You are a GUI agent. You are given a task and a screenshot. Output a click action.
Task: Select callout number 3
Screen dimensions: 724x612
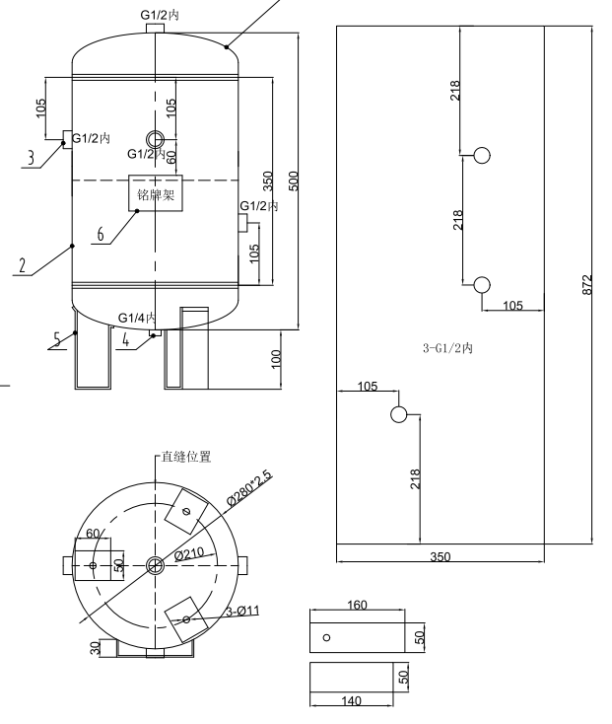point(31,157)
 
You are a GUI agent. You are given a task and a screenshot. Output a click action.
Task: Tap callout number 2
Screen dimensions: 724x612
point(22,265)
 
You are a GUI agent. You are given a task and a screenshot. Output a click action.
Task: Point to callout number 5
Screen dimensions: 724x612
point(57,337)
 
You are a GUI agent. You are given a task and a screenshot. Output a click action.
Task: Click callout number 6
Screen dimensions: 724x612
point(101,234)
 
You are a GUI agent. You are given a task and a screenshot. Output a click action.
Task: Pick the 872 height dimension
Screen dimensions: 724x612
point(587,284)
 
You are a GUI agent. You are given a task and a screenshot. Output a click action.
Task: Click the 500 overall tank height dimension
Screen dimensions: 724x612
point(293,181)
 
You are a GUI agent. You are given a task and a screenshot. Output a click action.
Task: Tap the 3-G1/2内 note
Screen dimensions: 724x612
point(449,348)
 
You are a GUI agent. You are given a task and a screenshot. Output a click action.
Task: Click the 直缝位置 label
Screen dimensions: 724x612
point(185,457)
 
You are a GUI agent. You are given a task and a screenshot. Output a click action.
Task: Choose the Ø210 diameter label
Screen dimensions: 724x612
point(189,555)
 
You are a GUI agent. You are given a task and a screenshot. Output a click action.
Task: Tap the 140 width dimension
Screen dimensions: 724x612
point(351,700)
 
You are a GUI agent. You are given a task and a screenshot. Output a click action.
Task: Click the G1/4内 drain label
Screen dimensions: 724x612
point(137,317)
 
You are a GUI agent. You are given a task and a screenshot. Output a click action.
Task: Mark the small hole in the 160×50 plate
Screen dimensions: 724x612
point(327,637)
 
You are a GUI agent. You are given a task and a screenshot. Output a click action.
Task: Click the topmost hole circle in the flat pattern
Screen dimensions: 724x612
point(482,155)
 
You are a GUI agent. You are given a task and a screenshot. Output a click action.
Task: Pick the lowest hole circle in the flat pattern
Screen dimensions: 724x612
point(399,413)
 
